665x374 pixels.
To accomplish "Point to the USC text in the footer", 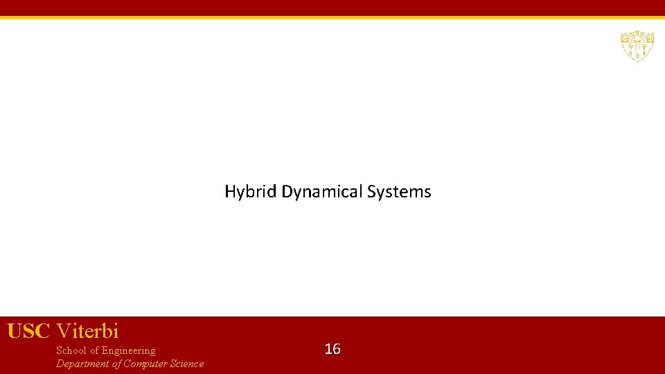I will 29,331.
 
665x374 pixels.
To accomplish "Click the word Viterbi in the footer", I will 88,331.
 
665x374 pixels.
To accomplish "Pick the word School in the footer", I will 71,350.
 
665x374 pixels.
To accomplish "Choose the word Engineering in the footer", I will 129,350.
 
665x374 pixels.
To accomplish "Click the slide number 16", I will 332,349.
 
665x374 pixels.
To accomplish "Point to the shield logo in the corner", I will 637,46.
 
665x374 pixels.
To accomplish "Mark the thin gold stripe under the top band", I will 332,17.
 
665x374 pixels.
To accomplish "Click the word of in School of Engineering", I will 95,350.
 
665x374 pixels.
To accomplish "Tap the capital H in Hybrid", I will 230,192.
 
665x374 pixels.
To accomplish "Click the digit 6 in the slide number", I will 337,349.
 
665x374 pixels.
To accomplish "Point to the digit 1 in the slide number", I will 328,349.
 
